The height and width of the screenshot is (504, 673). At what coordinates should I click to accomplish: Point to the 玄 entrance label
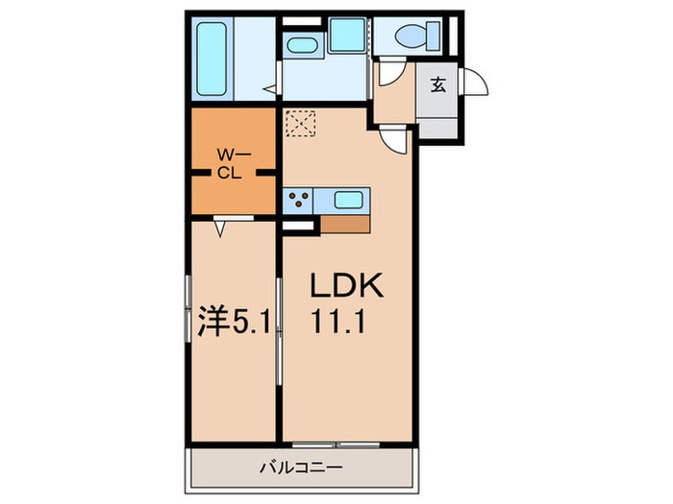[437, 85]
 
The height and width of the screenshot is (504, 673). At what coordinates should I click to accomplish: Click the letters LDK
[346, 286]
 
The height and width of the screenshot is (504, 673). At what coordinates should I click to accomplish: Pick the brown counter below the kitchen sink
[344, 222]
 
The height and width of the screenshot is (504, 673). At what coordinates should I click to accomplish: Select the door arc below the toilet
[390, 74]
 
